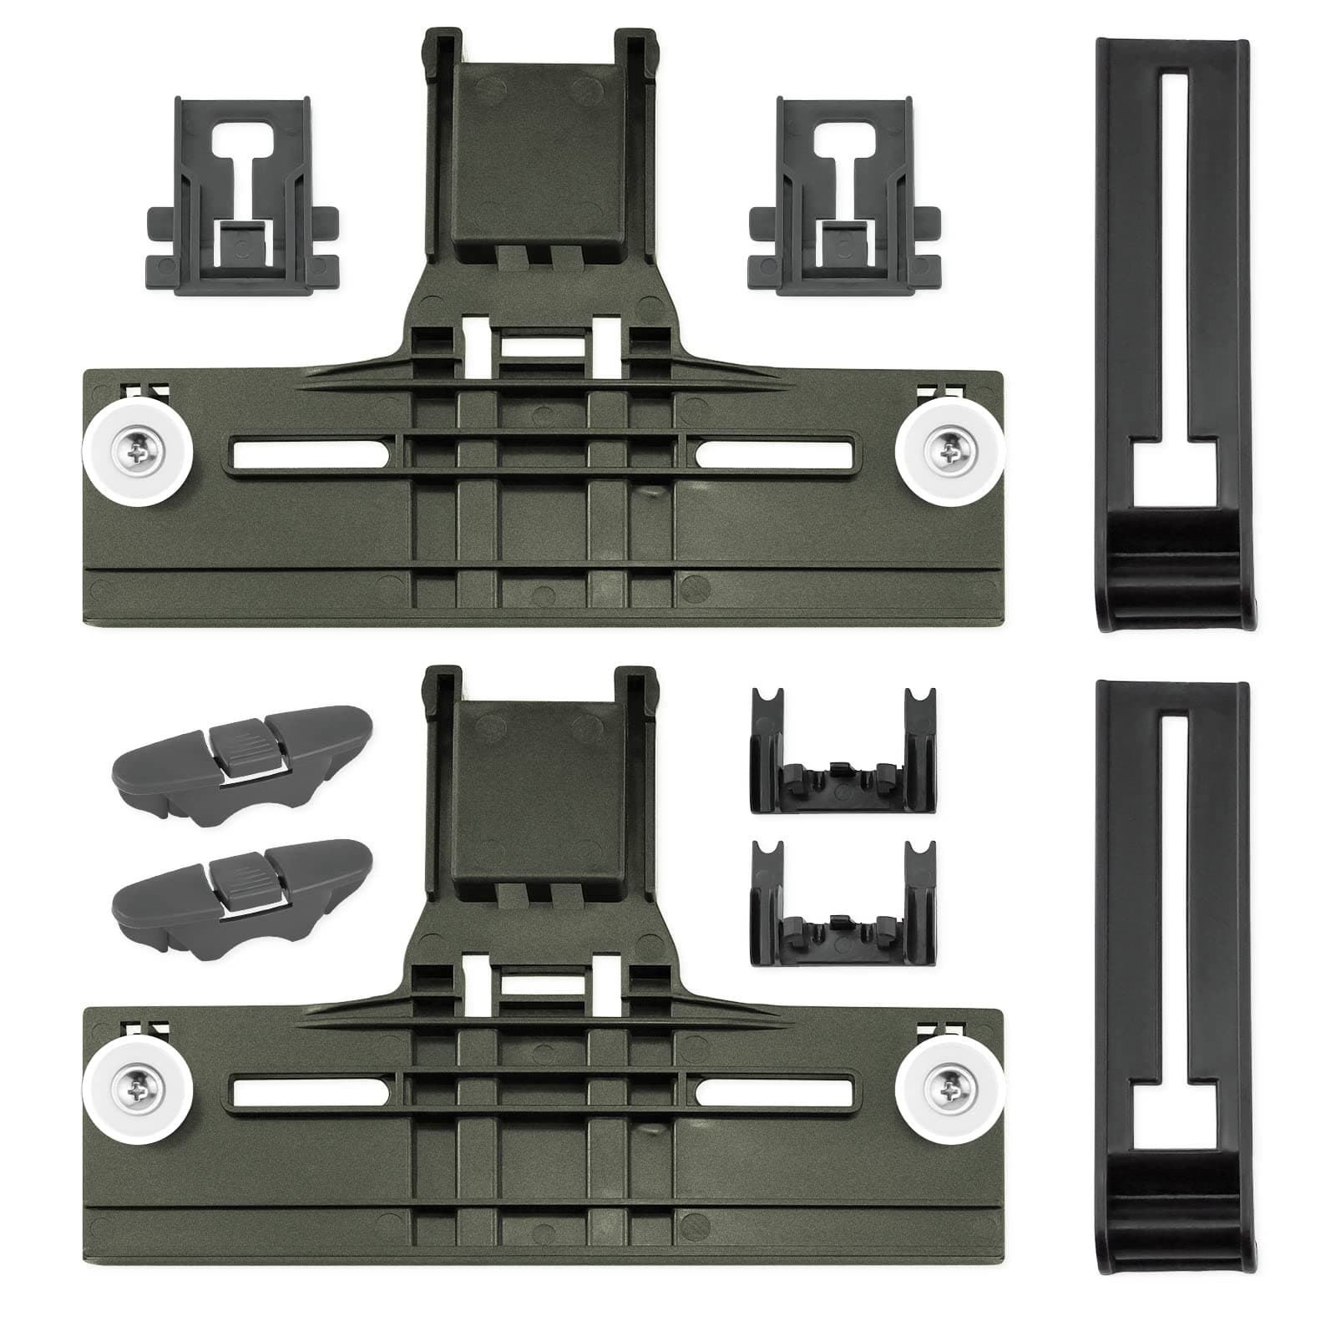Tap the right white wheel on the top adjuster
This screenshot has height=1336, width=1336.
click(949, 455)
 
